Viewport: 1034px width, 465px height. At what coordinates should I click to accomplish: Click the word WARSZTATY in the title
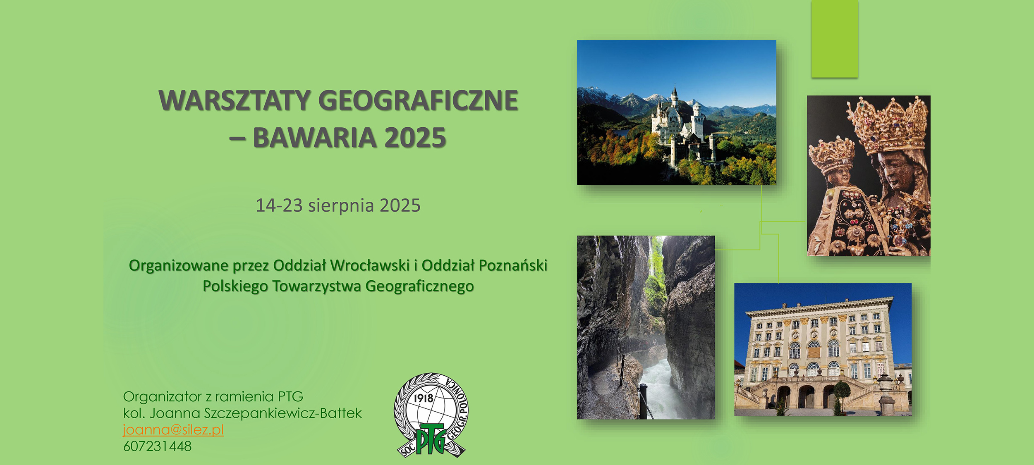point(235,100)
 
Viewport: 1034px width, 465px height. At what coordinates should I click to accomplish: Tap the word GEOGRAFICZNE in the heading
point(418,100)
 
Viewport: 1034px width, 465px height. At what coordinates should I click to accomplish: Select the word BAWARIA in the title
point(315,138)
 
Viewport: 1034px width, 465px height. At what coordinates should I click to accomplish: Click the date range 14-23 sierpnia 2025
point(338,205)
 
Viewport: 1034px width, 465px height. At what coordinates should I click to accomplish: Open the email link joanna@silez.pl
point(173,430)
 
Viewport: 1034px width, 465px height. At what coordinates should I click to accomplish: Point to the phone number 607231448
point(157,446)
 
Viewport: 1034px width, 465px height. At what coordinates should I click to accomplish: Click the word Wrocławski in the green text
point(370,265)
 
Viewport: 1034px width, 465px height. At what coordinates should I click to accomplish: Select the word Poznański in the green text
point(513,265)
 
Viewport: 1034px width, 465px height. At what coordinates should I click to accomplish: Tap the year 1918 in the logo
point(423,398)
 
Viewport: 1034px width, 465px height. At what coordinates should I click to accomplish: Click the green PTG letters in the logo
point(431,439)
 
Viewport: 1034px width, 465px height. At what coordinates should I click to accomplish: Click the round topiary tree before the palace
point(842,391)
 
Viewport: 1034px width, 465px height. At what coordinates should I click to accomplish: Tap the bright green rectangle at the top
point(835,39)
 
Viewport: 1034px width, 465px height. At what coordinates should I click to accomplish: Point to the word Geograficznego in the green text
point(419,286)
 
